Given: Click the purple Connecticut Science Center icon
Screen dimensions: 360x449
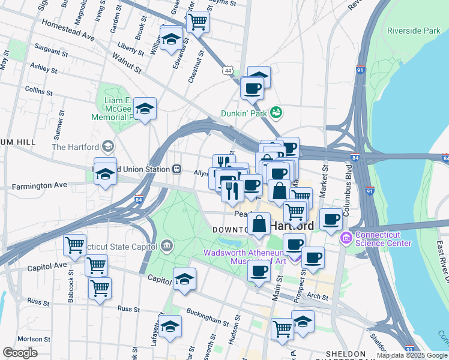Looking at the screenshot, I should coord(346,239).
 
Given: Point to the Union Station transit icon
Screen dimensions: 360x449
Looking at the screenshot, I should coord(177,169).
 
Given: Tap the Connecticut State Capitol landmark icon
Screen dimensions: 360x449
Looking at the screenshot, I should coord(166,245).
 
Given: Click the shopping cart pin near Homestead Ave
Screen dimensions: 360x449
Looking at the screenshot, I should coord(197,23).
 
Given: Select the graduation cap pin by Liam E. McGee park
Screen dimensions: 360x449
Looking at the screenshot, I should coord(145,109).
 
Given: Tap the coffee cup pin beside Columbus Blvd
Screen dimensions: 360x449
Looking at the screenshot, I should coord(331,220).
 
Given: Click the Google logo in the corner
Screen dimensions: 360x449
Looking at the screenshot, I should coord(20,353).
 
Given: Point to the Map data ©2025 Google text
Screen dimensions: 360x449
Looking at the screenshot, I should coord(412,355).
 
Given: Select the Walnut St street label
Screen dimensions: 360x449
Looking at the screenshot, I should coord(126,62).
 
